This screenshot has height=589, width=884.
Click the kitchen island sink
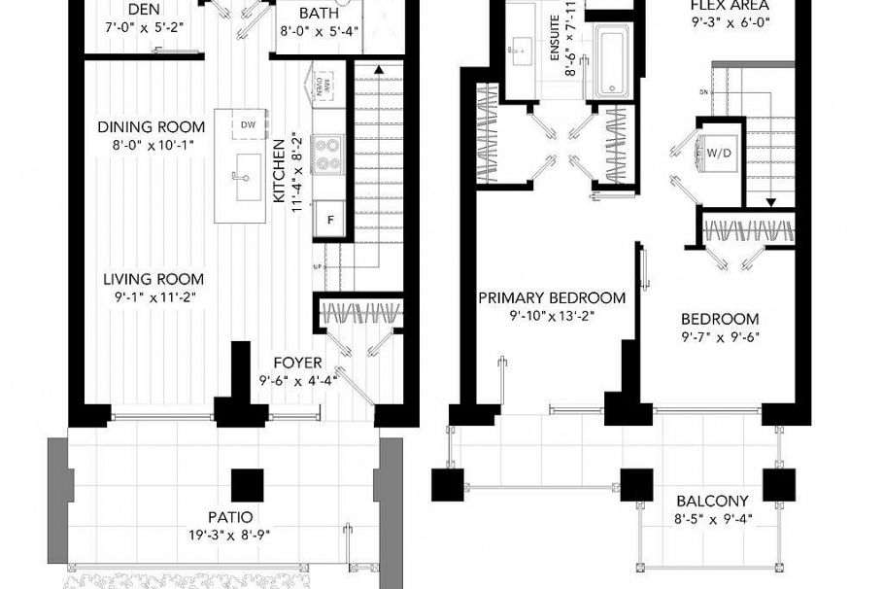pos(236,176)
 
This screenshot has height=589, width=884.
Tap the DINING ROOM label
pos(152,126)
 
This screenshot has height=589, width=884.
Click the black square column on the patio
pos(248,484)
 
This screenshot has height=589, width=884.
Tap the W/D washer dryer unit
pos(719,153)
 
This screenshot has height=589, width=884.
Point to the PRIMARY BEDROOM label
pos(552,297)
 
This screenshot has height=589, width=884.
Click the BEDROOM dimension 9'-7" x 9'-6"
pos(720,338)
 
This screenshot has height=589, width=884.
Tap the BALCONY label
pos(712,502)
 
